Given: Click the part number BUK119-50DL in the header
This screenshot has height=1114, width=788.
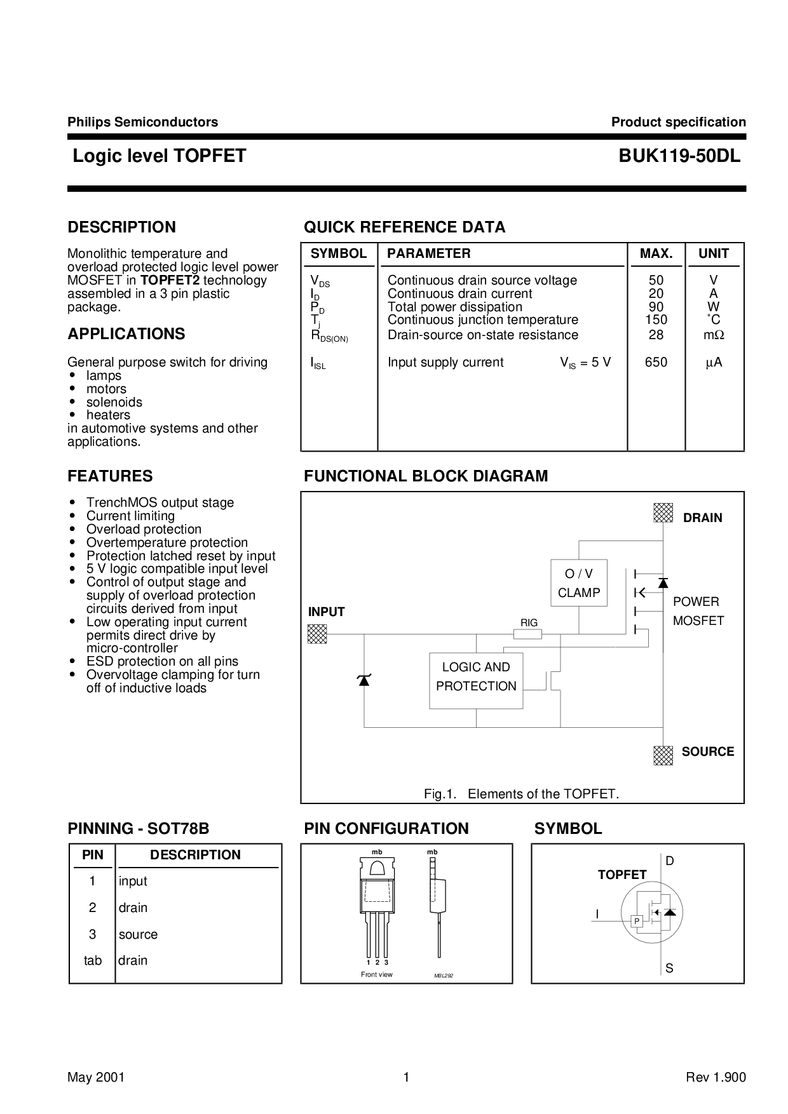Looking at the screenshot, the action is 679,156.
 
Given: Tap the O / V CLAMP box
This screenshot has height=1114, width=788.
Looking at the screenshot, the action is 579,583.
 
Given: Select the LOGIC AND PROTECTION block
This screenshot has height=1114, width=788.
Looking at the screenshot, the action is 476,681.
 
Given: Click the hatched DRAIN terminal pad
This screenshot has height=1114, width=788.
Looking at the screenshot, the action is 663,513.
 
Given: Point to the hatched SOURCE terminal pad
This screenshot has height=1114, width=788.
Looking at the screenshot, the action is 663,755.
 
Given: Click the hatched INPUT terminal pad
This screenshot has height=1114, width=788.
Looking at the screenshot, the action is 317,634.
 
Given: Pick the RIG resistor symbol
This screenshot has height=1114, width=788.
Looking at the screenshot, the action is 527,634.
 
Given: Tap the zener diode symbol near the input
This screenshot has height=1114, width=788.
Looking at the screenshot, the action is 364,680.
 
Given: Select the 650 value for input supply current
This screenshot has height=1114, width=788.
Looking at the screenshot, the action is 656,363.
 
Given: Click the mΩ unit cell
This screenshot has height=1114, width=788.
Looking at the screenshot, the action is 714,335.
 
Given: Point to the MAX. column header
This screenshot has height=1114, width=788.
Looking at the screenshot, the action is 656,253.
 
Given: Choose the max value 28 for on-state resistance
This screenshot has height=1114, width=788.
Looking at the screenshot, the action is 656,335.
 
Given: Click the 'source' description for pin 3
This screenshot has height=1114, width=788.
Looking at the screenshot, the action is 138,934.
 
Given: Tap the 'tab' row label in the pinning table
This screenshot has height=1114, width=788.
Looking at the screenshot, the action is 93,960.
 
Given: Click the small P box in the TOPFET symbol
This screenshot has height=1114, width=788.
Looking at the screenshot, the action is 637,922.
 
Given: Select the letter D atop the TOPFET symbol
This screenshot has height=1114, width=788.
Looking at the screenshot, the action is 670,861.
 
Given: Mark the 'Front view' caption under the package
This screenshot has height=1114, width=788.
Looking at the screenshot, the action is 377,974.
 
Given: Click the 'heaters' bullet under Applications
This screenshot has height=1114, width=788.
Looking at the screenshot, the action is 108,415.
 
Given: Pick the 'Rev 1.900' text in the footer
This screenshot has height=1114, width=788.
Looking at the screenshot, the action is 716,1077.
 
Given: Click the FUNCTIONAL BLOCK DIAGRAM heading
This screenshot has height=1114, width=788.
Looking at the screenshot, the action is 426,476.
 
